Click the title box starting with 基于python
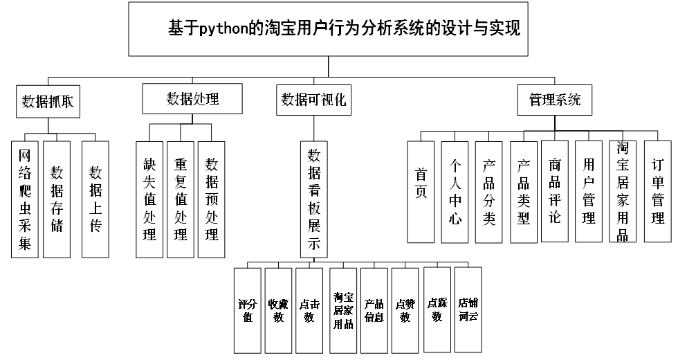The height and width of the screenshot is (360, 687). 329,29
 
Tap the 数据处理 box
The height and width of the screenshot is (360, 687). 192,98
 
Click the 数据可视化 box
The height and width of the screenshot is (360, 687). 313,99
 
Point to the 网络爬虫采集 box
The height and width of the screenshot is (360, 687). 25,199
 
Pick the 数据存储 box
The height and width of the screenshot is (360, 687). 57,199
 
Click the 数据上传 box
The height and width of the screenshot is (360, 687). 96,199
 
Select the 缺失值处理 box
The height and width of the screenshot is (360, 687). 149,199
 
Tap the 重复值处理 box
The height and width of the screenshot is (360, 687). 181,199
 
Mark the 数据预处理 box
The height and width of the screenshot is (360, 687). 212,199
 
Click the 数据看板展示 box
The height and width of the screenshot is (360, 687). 313,199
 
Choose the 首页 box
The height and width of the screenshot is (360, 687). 421,192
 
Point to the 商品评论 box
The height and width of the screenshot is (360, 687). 555,190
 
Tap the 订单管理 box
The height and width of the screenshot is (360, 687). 658,190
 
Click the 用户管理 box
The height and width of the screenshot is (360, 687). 589,190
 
